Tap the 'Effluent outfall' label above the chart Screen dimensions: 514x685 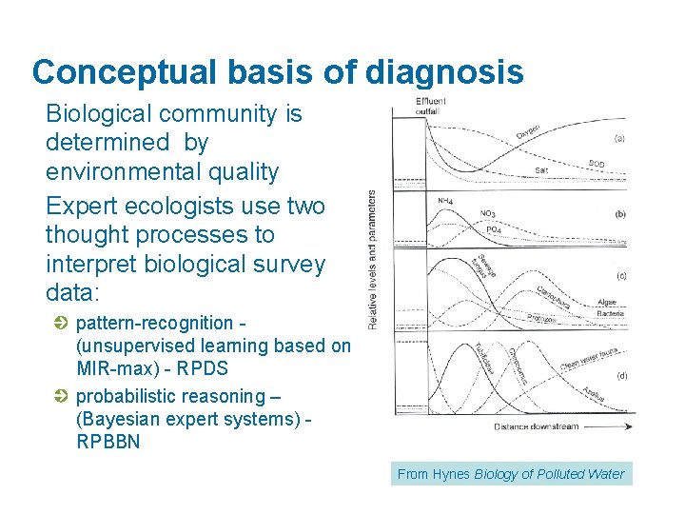click(432, 107)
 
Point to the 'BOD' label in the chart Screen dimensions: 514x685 click(597, 164)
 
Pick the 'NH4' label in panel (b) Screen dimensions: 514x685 click(444, 201)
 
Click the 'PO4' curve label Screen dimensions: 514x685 click(494, 230)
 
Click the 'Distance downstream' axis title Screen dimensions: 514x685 click(536, 427)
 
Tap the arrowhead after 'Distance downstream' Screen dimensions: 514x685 click(630, 427)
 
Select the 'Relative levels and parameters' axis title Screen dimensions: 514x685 click(372, 259)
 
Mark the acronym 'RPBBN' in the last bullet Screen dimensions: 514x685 click(108, 442)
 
